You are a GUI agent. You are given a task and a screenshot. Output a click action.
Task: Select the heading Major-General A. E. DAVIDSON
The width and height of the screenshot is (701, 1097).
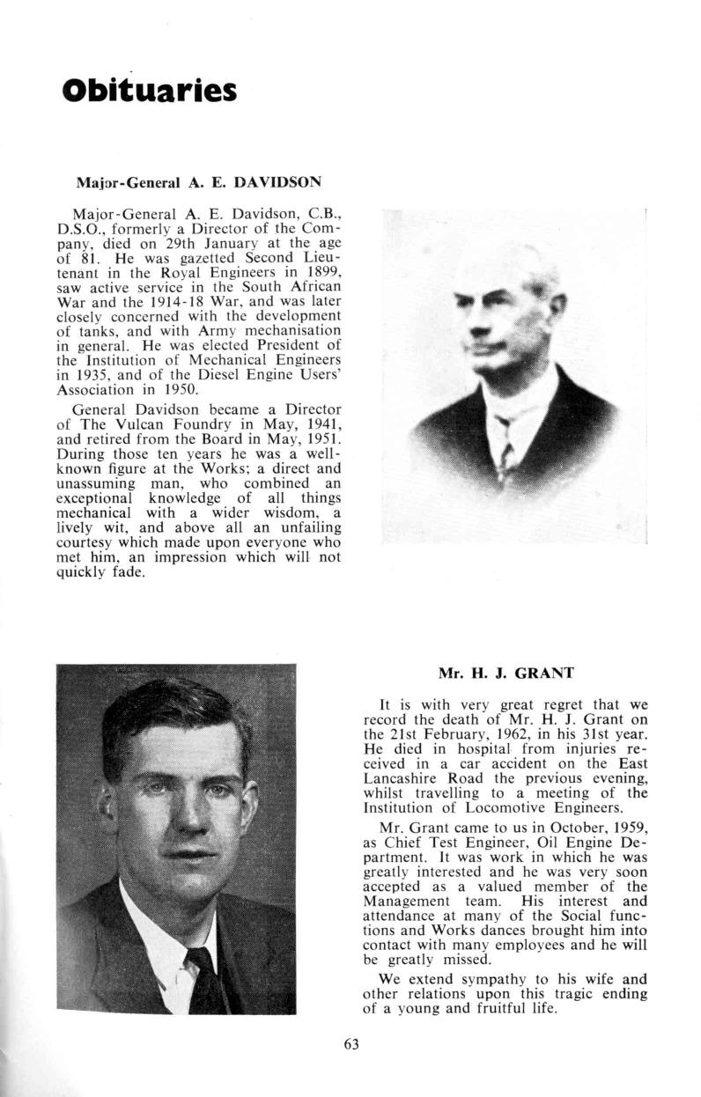pyautogui.click(x=198, y=183)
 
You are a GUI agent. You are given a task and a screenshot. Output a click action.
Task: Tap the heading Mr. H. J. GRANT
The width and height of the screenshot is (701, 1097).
pyautogui.click(x=505, y=674)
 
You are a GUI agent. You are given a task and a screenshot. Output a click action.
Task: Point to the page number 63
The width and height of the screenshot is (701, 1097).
pyautogui.click(x=351, y=1045)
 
